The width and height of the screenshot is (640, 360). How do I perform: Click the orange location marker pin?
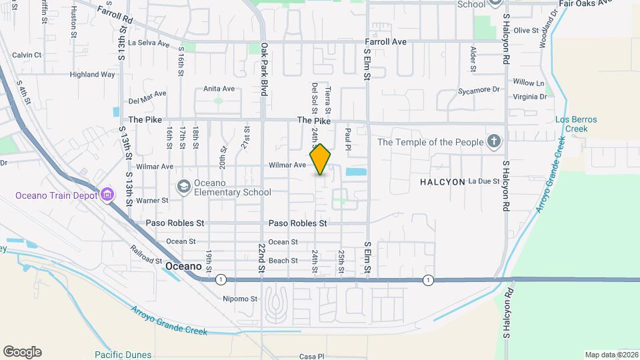click(x=321, y=159)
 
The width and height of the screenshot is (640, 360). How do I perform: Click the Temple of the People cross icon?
click(x=493, y=141)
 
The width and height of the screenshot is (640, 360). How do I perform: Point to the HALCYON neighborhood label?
click(x=441, y=181)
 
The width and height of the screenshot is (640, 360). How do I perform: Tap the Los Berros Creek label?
click(x=576, y=124)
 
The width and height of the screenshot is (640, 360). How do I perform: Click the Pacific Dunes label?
click(x=123, y=355)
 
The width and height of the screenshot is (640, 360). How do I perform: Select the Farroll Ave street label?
click(x=385, y=41)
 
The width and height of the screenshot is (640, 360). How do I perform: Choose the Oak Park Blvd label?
click(x=264, y=69)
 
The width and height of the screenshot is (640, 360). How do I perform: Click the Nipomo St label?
click(x=240, y=299)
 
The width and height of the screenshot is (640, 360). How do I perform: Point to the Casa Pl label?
click(x=311, y=356)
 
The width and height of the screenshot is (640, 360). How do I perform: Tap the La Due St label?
click(x=484, y=181)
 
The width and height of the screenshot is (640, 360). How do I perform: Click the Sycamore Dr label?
click(x=479, y=89)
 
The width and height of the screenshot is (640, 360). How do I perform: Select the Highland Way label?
click(x=93, y=75)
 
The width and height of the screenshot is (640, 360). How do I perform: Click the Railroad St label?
click(x=147, y=254)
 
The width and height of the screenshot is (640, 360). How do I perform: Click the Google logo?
click(x=22, y=352)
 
